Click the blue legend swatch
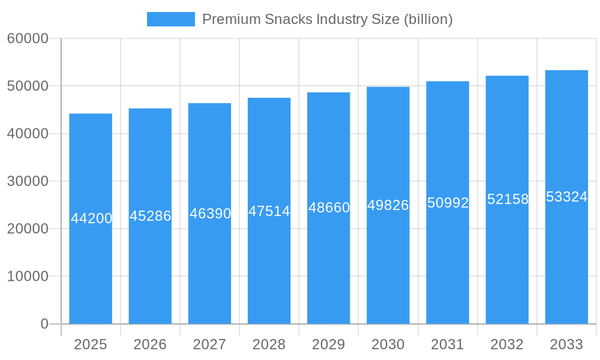click(171, 19)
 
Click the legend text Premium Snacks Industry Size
click(300, 19)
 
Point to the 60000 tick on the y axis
click(28, 38)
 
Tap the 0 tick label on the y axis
click(44, 324)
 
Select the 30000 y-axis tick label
click(28, 181)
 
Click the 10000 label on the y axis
click(28, 277)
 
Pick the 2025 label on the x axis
click(91, 344)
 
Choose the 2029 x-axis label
click(329, 344)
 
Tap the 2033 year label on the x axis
click(566, 344)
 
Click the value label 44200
click(91, 218)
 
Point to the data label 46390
click(210, 214)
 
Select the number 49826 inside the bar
click(388, 205)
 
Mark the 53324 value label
click(566, 197)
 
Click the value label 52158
click(508, 200)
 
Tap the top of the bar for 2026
click(150, 109)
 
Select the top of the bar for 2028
click(269, 98)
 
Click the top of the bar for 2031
click(448, 82)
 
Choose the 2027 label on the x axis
click(209, 344)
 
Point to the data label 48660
click(329, 208)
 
